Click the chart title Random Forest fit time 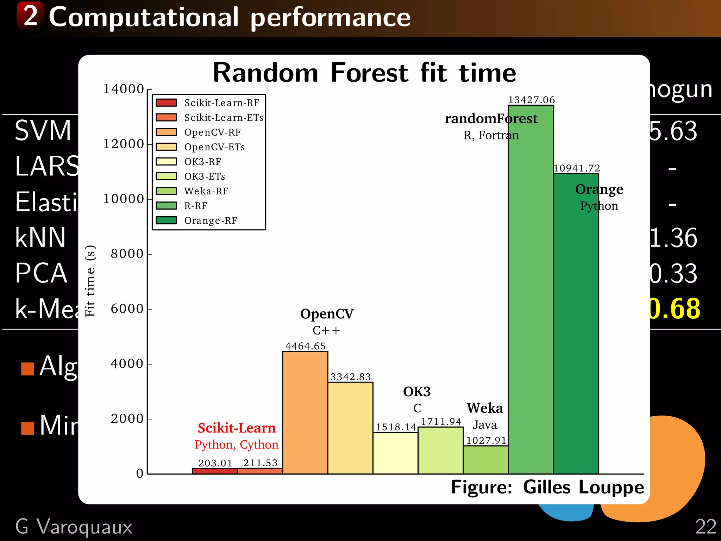pos(364,73)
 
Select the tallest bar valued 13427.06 pos(531,289)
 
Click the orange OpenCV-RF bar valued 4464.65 pos(305,412)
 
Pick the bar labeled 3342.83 pos(350,428)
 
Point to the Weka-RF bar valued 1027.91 pos(485,460)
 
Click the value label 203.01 pos(215,463)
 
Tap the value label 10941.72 pos(577,168)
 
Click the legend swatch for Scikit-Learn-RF pos(166,102)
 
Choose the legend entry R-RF pos(196,206)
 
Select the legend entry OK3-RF pos(202,162)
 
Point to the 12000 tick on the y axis pos(124,144)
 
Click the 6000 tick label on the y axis pos(127,309)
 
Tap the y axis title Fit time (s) pos(90,281)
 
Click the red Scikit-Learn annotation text pos(237,428)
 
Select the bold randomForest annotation pos(491,119)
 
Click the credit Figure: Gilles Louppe pos(547,487)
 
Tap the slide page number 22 pos(706,527)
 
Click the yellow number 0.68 pos(675,309)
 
